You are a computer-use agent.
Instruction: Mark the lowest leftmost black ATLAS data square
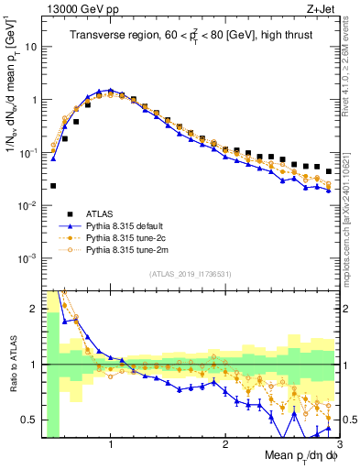click(x=53, y=186)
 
